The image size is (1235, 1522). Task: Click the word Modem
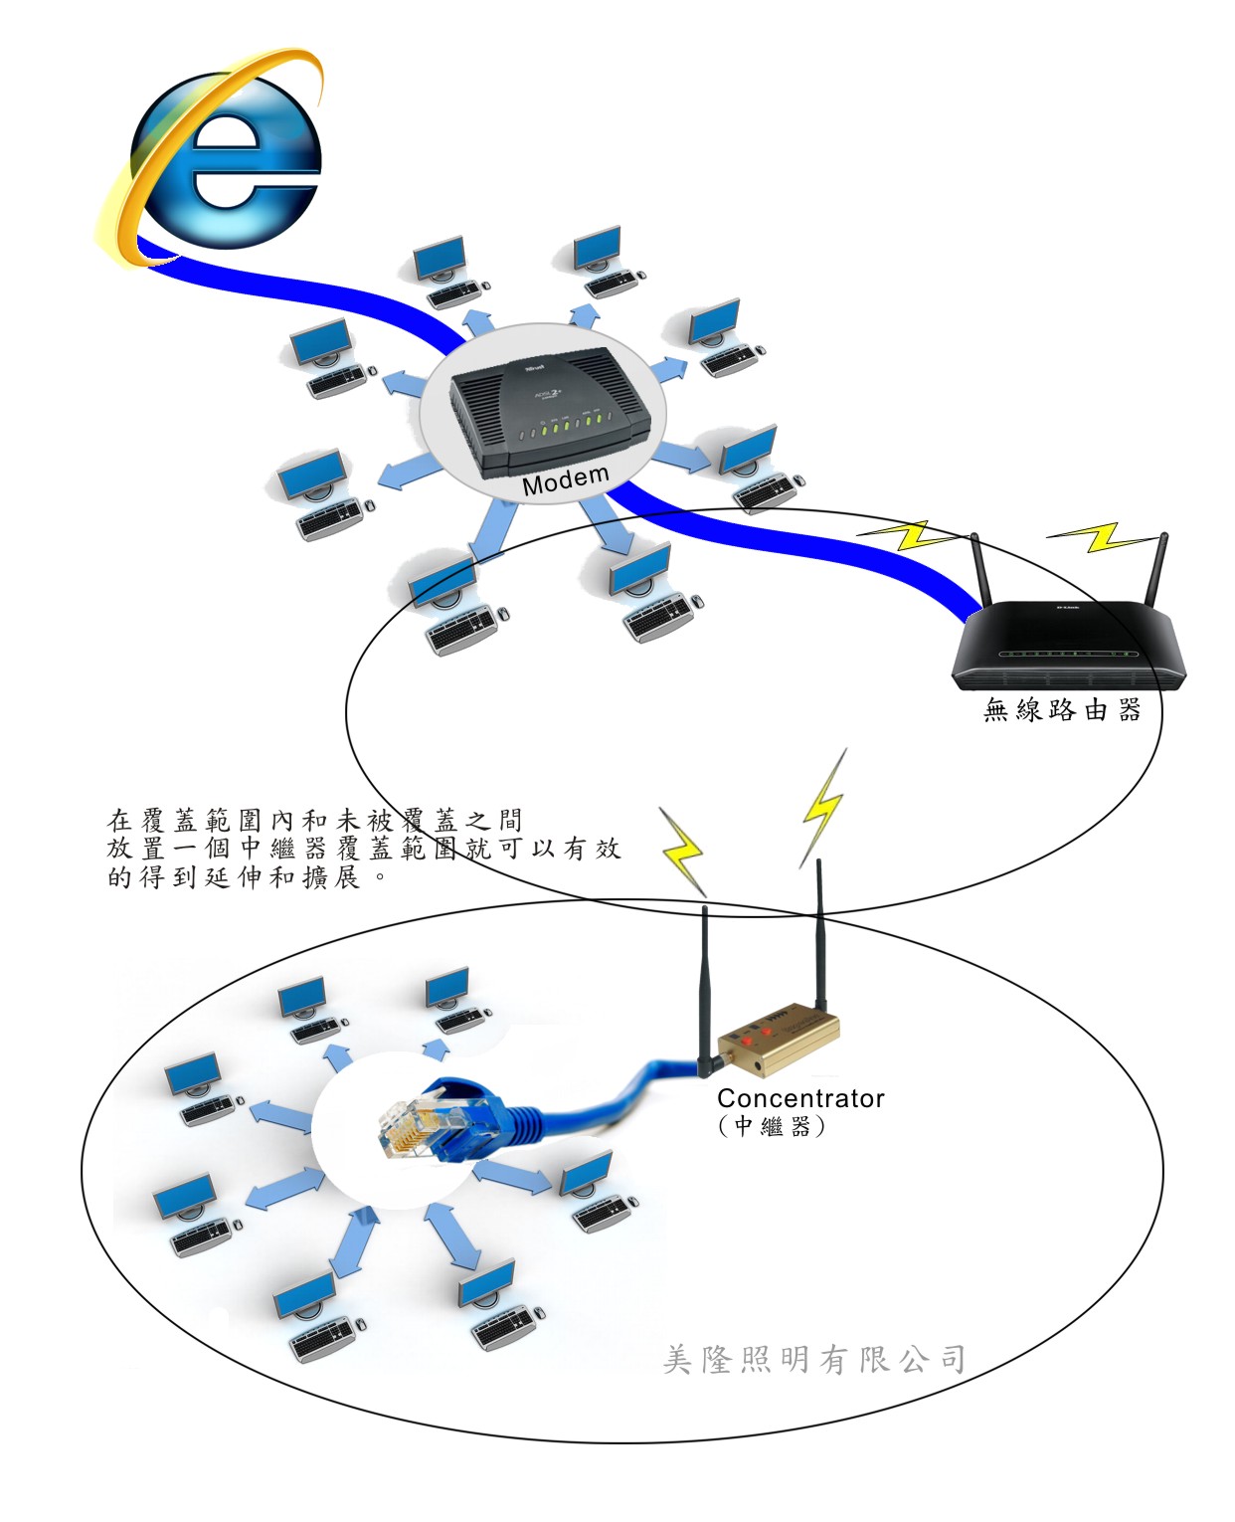coord(565,480)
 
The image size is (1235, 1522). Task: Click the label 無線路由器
coord(1061,710)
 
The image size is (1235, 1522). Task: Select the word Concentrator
coord(800,1098)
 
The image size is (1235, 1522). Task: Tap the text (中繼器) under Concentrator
coord(772,1126)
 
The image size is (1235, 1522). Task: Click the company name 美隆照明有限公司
coord(813,1359)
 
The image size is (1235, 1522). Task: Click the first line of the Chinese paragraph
coord(313,820)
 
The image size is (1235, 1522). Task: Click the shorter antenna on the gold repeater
coord(706,985)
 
